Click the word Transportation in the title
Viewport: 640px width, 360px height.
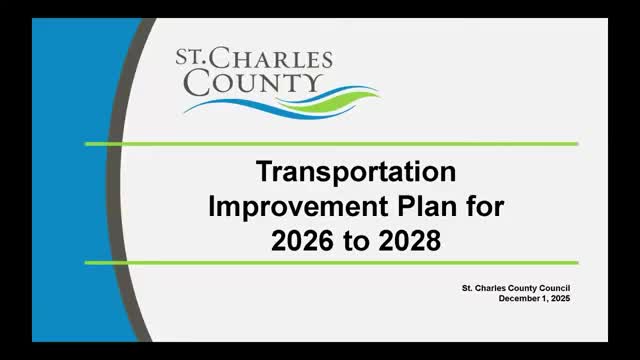[357, 171]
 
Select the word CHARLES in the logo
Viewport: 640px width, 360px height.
[275, 58]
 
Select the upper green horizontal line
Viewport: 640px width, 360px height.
[330, 144]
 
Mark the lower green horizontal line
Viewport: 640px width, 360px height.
[330, 262]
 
